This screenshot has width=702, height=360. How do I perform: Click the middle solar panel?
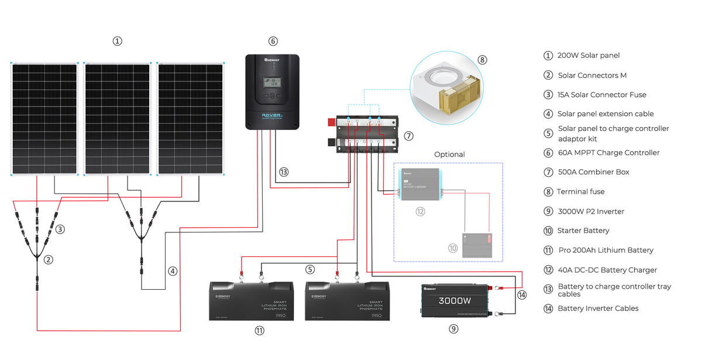coord(118,119)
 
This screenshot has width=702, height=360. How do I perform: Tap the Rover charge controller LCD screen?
coord(272,81)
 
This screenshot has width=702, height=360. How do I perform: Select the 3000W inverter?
coord(455,300)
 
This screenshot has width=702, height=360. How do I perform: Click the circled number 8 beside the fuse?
coord(482,60)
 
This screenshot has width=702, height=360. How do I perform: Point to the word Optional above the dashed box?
coord(449,155)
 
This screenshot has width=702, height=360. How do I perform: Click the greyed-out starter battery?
coord(478,245)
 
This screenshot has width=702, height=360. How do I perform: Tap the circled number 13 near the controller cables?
coord(284,173)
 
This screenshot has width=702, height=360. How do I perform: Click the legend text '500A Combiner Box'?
coord(594,172)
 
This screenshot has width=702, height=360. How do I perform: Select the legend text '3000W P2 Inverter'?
coord(591,211)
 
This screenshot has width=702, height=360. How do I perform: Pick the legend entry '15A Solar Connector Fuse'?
coord(602,95)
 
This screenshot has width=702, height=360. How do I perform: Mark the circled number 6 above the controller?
coord(273,41)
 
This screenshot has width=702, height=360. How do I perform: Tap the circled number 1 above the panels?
coord(118,41)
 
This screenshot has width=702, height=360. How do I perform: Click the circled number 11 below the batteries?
coord(259,330)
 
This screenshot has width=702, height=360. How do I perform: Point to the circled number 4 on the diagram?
coord(172,271)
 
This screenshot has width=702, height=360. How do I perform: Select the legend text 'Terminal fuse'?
coord(581,191)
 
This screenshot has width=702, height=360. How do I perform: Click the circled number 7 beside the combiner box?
coord(408,136)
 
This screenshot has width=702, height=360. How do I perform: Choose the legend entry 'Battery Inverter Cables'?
coord(598,308)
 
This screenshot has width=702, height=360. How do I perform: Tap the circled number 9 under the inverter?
coord(453,329)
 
